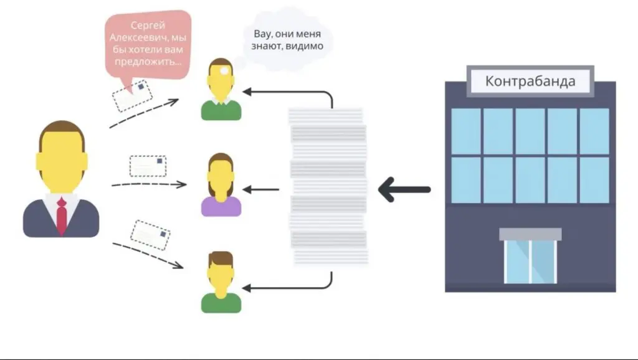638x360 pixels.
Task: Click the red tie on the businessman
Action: (x=62, y=216)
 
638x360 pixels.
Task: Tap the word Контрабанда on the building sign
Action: (x=530, y=81)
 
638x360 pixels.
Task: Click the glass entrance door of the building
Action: (x=530, y=262)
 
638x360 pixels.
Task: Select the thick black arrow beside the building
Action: (x=404, y=189)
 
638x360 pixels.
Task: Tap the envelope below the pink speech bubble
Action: (x=133, y=95)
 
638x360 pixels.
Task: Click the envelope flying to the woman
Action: (x=148, y=166)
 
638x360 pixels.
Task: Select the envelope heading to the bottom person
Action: (x=150, y=235)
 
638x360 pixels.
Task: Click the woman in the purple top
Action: (x=221, y=186)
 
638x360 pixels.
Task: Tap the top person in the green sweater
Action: (x=221, y=90)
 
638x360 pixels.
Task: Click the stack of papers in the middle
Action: (x=328, y=186)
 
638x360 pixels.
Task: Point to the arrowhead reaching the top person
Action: (x=247, y=92)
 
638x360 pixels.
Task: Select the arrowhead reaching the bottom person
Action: (x=247, y=288)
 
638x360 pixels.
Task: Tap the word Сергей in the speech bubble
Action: (x=148, y=26)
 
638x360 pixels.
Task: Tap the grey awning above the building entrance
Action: (x=530, y=234)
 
